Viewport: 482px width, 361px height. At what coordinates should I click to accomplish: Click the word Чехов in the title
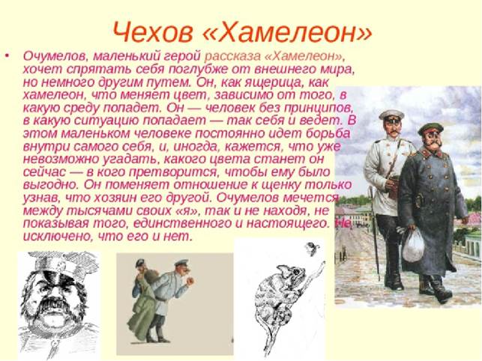(152, 31)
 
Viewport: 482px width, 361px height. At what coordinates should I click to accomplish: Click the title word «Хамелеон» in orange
(287, 31)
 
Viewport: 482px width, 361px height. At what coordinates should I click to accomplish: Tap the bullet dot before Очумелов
(7, 56)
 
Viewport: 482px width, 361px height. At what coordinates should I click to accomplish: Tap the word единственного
(182, 223)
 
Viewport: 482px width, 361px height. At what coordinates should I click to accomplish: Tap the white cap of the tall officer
(391, 115)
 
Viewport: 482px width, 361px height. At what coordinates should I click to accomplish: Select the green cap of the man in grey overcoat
(430, 127)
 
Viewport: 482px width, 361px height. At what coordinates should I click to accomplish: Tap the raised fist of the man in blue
(190, 281)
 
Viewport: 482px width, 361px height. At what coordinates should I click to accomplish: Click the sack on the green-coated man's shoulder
(150, 276)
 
